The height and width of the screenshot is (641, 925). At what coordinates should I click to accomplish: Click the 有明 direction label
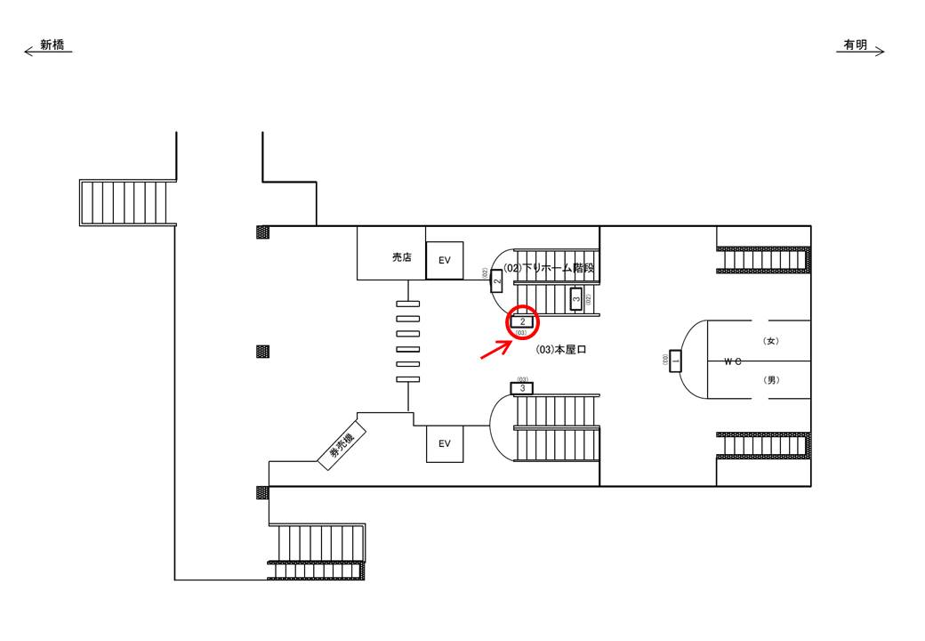(x=855, y=45)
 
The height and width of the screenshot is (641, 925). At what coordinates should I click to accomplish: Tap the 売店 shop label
(x=402, y=257)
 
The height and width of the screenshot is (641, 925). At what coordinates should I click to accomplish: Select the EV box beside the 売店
(x=445, y=260)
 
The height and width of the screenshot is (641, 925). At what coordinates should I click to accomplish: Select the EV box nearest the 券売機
(x=445, y=443)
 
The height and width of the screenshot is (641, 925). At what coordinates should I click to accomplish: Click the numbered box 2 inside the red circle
(x=523, y=321)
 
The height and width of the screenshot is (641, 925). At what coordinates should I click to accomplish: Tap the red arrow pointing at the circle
(x=495, y=351)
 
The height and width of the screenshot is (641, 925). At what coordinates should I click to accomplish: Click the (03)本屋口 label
(x=561, y=351)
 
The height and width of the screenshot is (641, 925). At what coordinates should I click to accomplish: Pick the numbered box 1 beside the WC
(x=675, y=361)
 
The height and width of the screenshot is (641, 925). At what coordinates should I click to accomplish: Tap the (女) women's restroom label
(x=771, y=341)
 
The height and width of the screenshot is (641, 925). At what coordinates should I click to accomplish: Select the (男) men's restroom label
(x=771, y=380)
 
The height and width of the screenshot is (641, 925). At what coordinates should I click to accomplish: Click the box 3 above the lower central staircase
(x=522, y=388)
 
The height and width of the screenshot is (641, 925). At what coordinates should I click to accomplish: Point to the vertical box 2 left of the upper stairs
(x=497, y=280)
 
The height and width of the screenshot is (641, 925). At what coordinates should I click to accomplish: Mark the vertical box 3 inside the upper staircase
(x=575, y=299)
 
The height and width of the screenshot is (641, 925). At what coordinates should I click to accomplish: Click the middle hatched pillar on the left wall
(x=262, y=351)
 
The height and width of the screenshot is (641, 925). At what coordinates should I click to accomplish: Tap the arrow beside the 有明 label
(x=877, y=52)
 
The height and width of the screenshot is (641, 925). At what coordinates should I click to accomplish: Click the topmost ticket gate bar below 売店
(x=407, y=304)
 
